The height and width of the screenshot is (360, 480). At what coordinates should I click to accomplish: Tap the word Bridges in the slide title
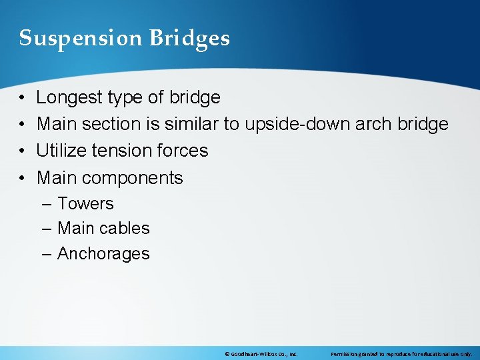[189, 39]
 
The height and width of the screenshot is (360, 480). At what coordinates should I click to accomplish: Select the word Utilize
[61, 151]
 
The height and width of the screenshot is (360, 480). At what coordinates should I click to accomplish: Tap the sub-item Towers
[85, 204]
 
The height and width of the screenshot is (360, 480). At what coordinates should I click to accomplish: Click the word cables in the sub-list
[127, 229]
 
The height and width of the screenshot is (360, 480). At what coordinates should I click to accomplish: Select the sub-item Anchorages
[103, 254]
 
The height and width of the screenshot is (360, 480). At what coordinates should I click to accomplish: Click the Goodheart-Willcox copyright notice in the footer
[261, 354]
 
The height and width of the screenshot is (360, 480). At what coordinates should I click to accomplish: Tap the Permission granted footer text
[401, 354]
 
